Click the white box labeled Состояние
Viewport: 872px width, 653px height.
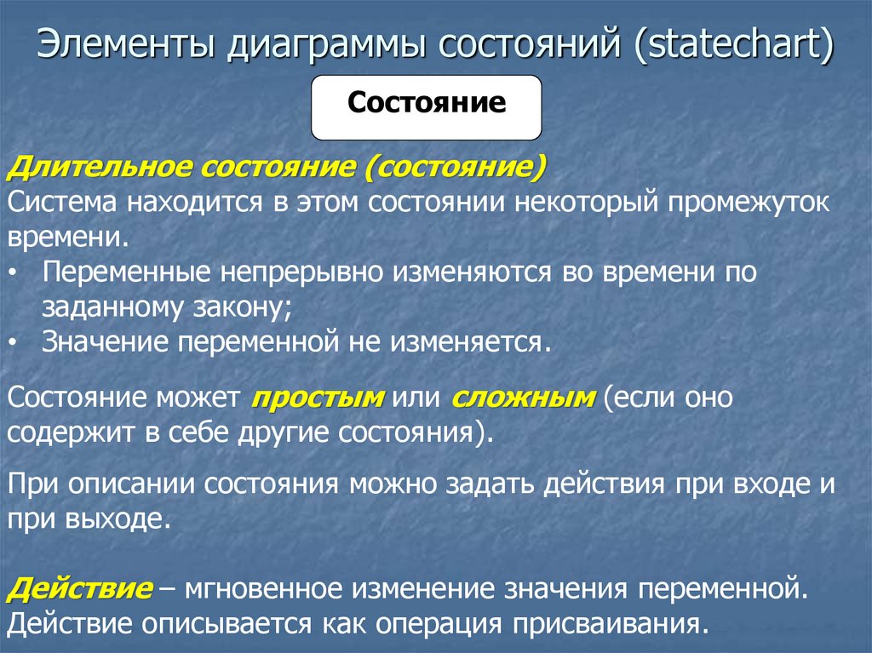coord(426,106)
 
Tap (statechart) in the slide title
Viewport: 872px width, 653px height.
coord(731,47)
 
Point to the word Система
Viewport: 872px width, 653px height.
coord(62,204)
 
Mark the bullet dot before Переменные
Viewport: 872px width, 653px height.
coord(20,273)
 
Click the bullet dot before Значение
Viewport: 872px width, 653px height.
coord(20,342)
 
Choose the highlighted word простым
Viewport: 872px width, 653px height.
coord(319,397)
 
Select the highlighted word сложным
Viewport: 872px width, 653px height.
coord(522,397)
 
